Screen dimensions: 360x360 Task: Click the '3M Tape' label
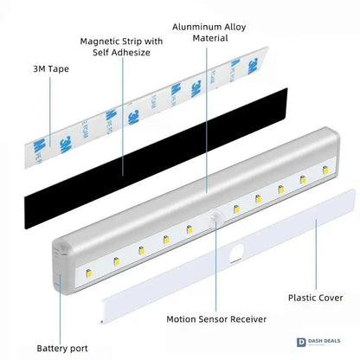(x=51, y=69)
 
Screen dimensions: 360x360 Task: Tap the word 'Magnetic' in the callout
(x=99, y=42)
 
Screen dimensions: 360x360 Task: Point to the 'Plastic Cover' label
(x=316, y=298)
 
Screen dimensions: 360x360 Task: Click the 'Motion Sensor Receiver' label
(x=216, y=319)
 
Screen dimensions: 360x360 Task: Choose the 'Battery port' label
(x=62, y=349)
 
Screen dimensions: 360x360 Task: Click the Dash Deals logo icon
(x=301, y=343)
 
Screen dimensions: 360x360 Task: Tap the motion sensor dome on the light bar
(x=215, y=217)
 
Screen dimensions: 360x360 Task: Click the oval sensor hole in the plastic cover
(x=236, y=253)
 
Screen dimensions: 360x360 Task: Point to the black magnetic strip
(x=156, y=158)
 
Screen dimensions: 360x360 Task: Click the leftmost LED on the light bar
(x=89, y=273)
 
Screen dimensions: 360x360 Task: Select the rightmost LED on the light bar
(x=325, y=170)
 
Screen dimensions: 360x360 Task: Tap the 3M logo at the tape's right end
(x=253, y=66)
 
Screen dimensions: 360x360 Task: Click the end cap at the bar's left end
(x=61, y=266)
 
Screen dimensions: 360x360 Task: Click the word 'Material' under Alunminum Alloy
(x=210, y=38)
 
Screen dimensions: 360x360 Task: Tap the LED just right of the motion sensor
(x=236, y=209)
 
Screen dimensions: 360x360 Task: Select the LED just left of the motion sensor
(x=190, y=229)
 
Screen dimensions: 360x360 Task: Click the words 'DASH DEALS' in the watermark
(x=325, y=341)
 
